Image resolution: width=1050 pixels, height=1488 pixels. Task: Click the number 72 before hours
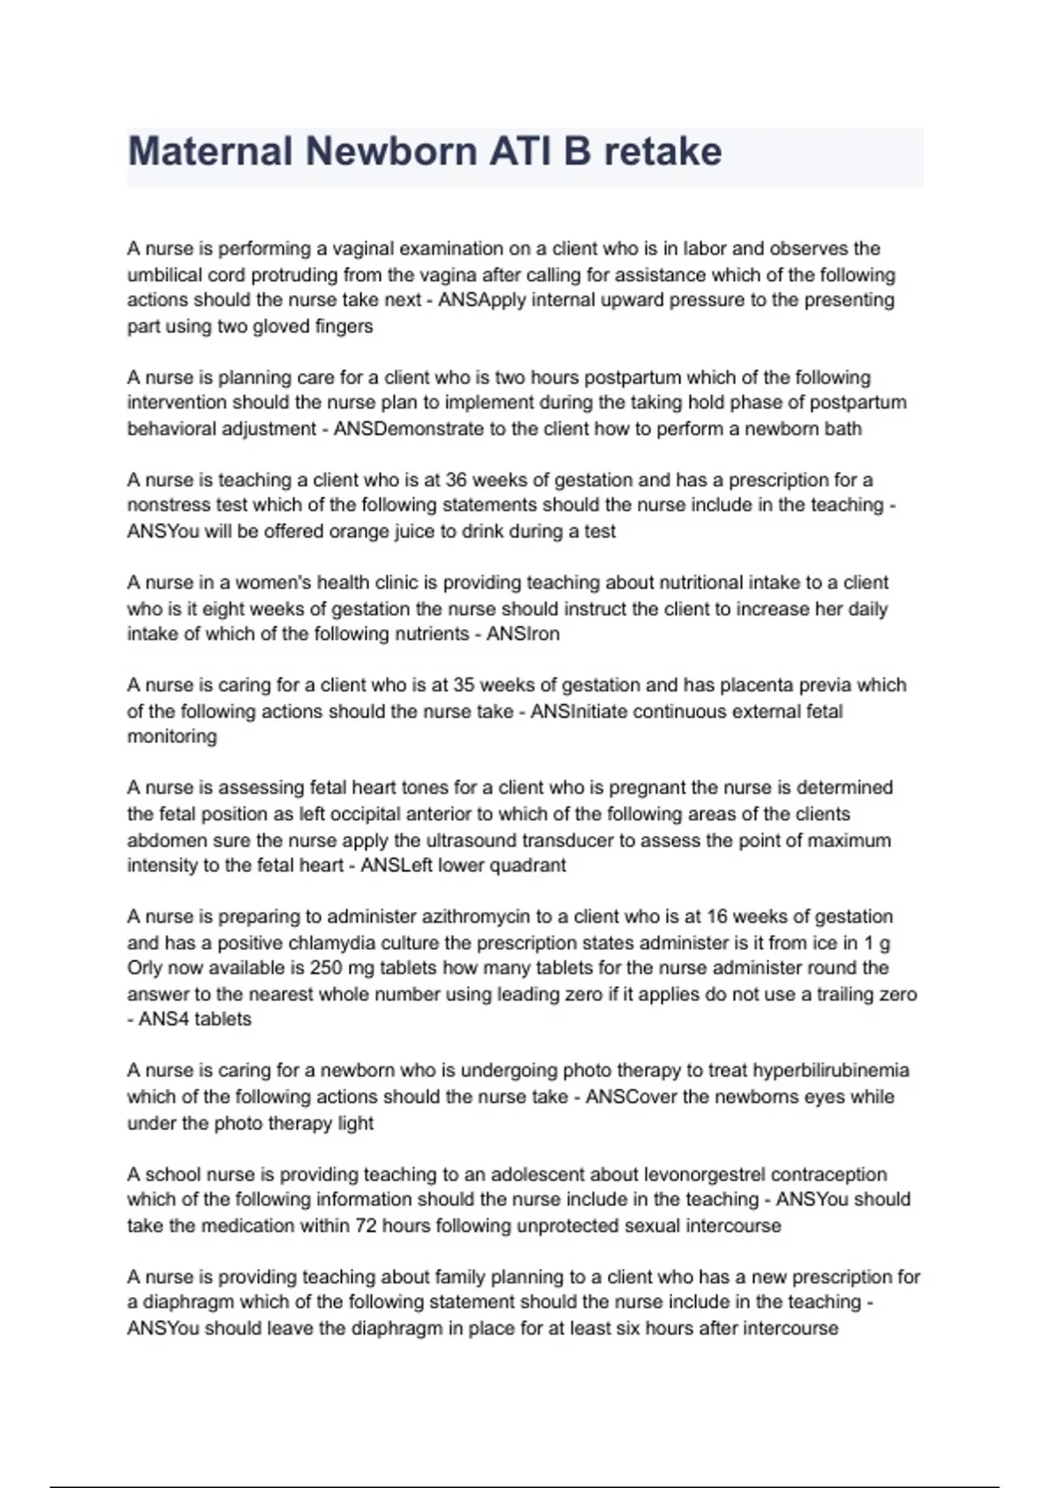[366, 1225]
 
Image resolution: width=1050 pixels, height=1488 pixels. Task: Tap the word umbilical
[168, 275]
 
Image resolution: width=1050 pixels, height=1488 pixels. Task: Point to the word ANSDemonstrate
[409, 429]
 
